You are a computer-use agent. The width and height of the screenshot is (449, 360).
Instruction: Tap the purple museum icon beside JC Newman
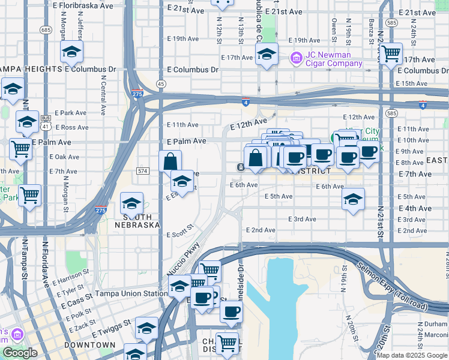pyautogui.click(x=296, y=58)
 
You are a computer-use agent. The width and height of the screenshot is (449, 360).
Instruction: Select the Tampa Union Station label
pyautogui.click(x=130, y=293)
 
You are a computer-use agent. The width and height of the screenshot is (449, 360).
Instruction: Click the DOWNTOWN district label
pyautogui.click(x=90, y=345)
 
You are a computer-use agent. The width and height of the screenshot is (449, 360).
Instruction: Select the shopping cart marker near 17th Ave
pyautogui.click(x=391, y=54)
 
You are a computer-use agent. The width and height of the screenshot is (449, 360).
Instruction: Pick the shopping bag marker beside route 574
pyautogui.click(x=170, y=161)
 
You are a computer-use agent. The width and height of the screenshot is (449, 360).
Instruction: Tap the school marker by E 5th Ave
pyautogui.click(x=354, y=199)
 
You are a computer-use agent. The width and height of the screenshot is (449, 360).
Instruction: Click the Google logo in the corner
pyautogui.click(x=20, y=353)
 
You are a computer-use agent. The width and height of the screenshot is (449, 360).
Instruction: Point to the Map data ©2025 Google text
pyautogui.click(x=412, y=355)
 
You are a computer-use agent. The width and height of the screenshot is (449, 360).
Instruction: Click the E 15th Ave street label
pyautogui.click(x=414, y=83)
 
